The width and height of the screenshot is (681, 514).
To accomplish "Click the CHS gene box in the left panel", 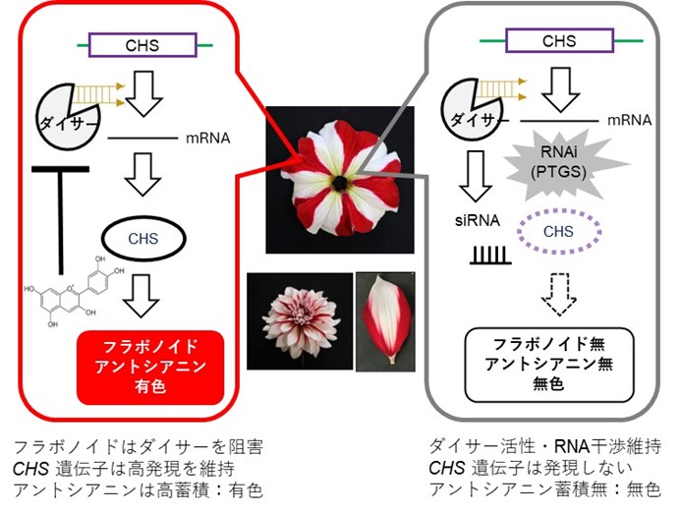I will (142, 44).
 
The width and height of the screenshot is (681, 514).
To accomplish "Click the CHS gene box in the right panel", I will (559, 42).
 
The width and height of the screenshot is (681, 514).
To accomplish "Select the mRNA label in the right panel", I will (629, 120).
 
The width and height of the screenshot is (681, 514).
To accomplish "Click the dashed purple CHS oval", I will (557, 231).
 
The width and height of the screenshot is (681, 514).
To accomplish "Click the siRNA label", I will (481, 224).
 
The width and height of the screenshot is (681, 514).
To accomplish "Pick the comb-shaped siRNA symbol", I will (486, 257).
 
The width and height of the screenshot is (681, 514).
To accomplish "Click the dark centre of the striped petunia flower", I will (338, 183).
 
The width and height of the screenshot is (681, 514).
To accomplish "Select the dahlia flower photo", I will (300, 321).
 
